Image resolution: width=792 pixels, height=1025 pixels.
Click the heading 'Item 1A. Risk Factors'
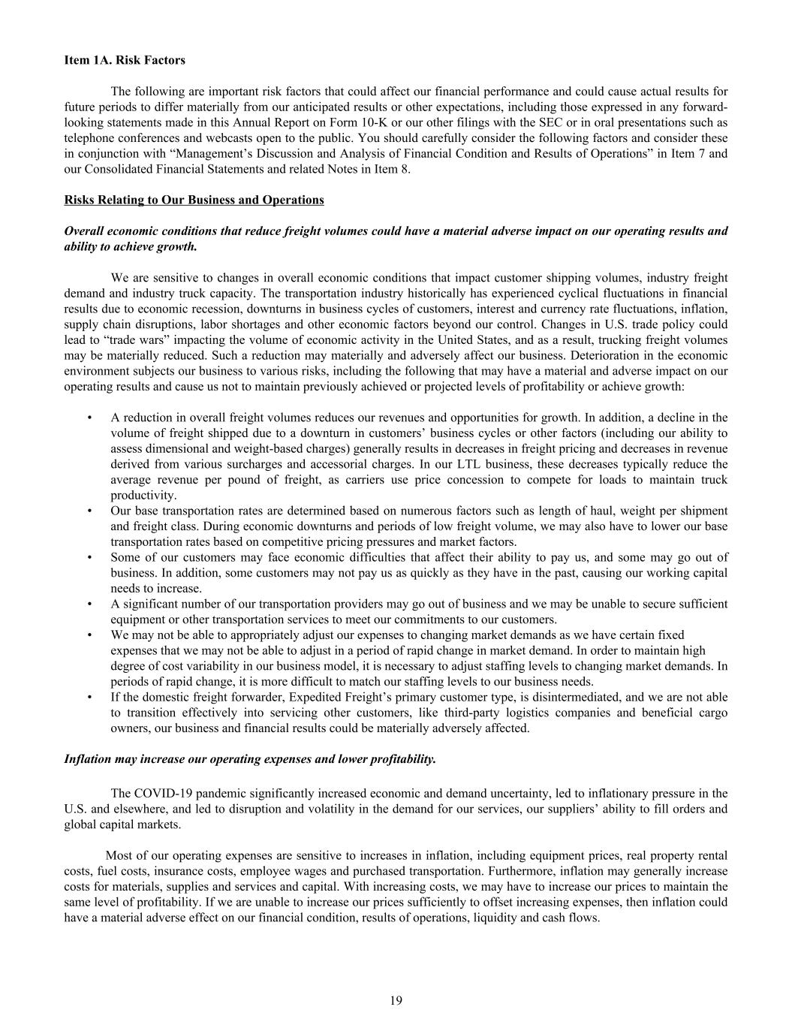pos(125,60)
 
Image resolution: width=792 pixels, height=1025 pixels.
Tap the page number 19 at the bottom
pos(396,999)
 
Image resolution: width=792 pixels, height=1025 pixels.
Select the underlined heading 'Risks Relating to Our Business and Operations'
pos(194,200)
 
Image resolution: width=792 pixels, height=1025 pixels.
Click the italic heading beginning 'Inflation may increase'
pos(249,759)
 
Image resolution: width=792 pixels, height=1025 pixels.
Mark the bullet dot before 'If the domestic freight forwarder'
pos(89,697)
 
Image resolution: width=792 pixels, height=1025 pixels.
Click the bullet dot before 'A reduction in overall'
pos(89,418)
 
